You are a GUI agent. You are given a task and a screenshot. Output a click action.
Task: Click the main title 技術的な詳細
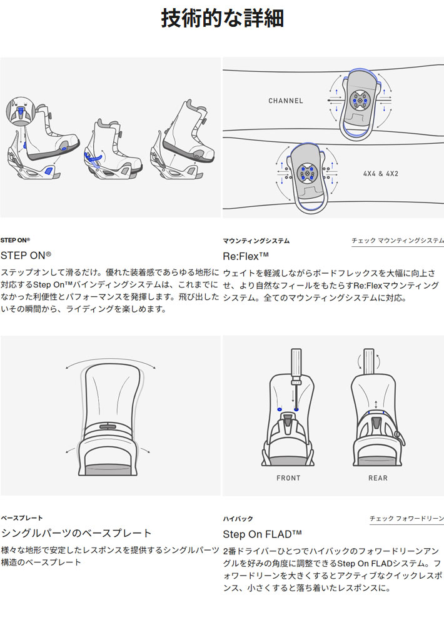point(222,18)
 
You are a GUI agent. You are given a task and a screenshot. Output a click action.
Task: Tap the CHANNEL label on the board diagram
point(286,101)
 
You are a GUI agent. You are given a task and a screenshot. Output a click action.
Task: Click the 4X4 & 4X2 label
point(381,174)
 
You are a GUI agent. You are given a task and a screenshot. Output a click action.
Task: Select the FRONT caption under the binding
point(288,478)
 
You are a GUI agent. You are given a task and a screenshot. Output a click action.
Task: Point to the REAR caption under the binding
point(378,478)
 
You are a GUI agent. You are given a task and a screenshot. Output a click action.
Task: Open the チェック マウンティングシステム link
point(398,241)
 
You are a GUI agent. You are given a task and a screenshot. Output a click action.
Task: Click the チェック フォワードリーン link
point(406,518)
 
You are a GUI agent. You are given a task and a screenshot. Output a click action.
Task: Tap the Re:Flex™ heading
point(246,256)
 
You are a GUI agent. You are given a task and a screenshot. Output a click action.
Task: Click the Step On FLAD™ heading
point(262,534)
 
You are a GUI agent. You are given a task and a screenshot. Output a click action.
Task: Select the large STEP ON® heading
point(26,255)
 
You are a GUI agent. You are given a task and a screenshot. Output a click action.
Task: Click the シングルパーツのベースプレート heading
point(76,533)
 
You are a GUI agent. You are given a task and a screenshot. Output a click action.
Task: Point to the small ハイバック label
point(238,519)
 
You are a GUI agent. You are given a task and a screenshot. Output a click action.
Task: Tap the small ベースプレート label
point(21,517)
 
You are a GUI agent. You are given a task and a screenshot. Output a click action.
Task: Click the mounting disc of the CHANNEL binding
point(358,100)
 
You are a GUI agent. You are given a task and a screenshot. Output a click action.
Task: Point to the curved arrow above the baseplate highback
point(111,359)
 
